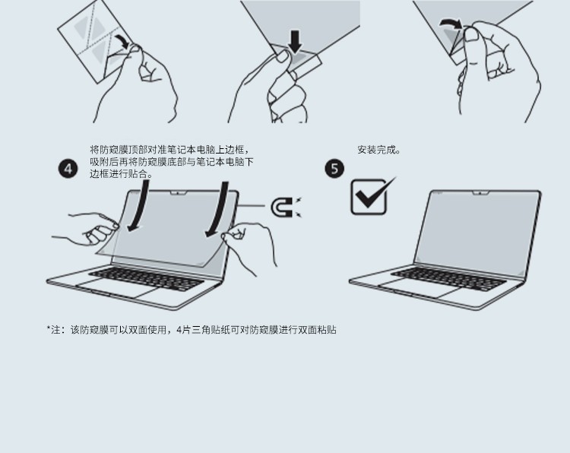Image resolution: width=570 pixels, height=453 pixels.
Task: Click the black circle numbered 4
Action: point(68,169)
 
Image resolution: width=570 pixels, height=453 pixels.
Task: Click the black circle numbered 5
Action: point(334,169)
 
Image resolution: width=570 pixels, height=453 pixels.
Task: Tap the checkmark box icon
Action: point(371,196)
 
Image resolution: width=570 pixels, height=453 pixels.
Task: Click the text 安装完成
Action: point(378,150)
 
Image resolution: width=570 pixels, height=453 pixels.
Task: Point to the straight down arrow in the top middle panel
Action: point(295,42)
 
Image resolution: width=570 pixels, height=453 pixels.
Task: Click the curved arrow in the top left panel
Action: point(122,41)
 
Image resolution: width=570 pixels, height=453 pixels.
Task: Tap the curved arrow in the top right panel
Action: point(451,24)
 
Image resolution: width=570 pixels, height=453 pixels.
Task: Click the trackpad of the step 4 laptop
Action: point(117,288)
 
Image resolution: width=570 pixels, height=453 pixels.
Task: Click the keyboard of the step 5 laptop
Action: point(448,278)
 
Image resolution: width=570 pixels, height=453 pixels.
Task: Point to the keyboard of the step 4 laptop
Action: point(146,278)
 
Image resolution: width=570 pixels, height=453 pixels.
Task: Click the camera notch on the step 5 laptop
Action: point(480,192)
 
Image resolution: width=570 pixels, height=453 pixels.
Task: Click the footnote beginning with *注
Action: point(192,330)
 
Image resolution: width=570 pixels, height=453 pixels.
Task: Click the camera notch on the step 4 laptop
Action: point(179,192)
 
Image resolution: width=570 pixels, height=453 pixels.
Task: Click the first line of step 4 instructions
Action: point(170,150)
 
